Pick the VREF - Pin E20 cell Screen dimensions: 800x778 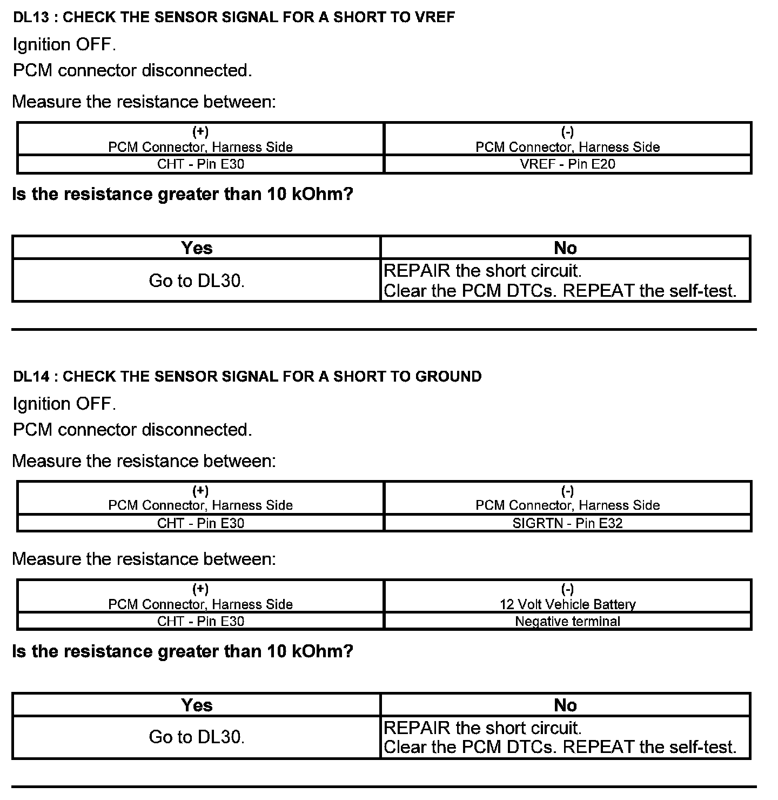(567, 164)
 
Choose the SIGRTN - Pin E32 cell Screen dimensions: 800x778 (567, 523)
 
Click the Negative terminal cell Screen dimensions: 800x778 (567, 622)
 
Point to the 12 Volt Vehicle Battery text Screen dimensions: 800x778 (567, 604)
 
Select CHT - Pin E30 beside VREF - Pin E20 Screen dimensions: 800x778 (200, 164)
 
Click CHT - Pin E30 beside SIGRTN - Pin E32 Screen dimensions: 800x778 (200, 523)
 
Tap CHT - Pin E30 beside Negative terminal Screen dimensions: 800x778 (200, 622)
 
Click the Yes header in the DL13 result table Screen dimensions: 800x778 (197, 248)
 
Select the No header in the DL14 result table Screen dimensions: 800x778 (565, 705)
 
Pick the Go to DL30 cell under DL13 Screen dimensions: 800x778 (197, 281)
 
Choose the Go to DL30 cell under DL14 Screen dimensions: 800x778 (197, 737)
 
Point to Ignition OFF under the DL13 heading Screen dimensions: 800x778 (64, 45)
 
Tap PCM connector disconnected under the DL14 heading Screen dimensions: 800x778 (132, 430)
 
